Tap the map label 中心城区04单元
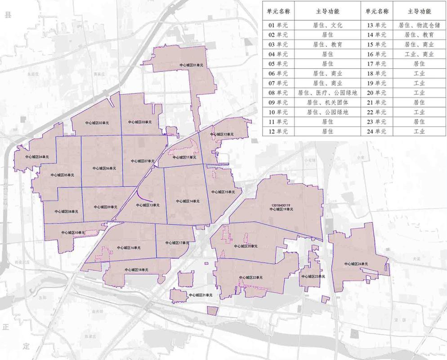tap(37, 156)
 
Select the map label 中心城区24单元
tap(357, 264)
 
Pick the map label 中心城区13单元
tap(148, 205)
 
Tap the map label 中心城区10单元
tap(73, 232)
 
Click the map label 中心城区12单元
tap(222, 134)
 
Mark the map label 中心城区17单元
tap(177, 243)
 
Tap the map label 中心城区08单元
tap(67, 211)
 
